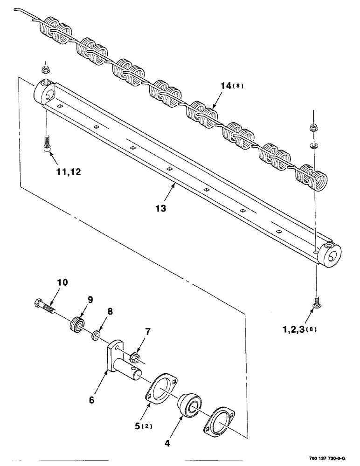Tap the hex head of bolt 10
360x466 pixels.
pyautogui.click(x=38, y=304)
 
